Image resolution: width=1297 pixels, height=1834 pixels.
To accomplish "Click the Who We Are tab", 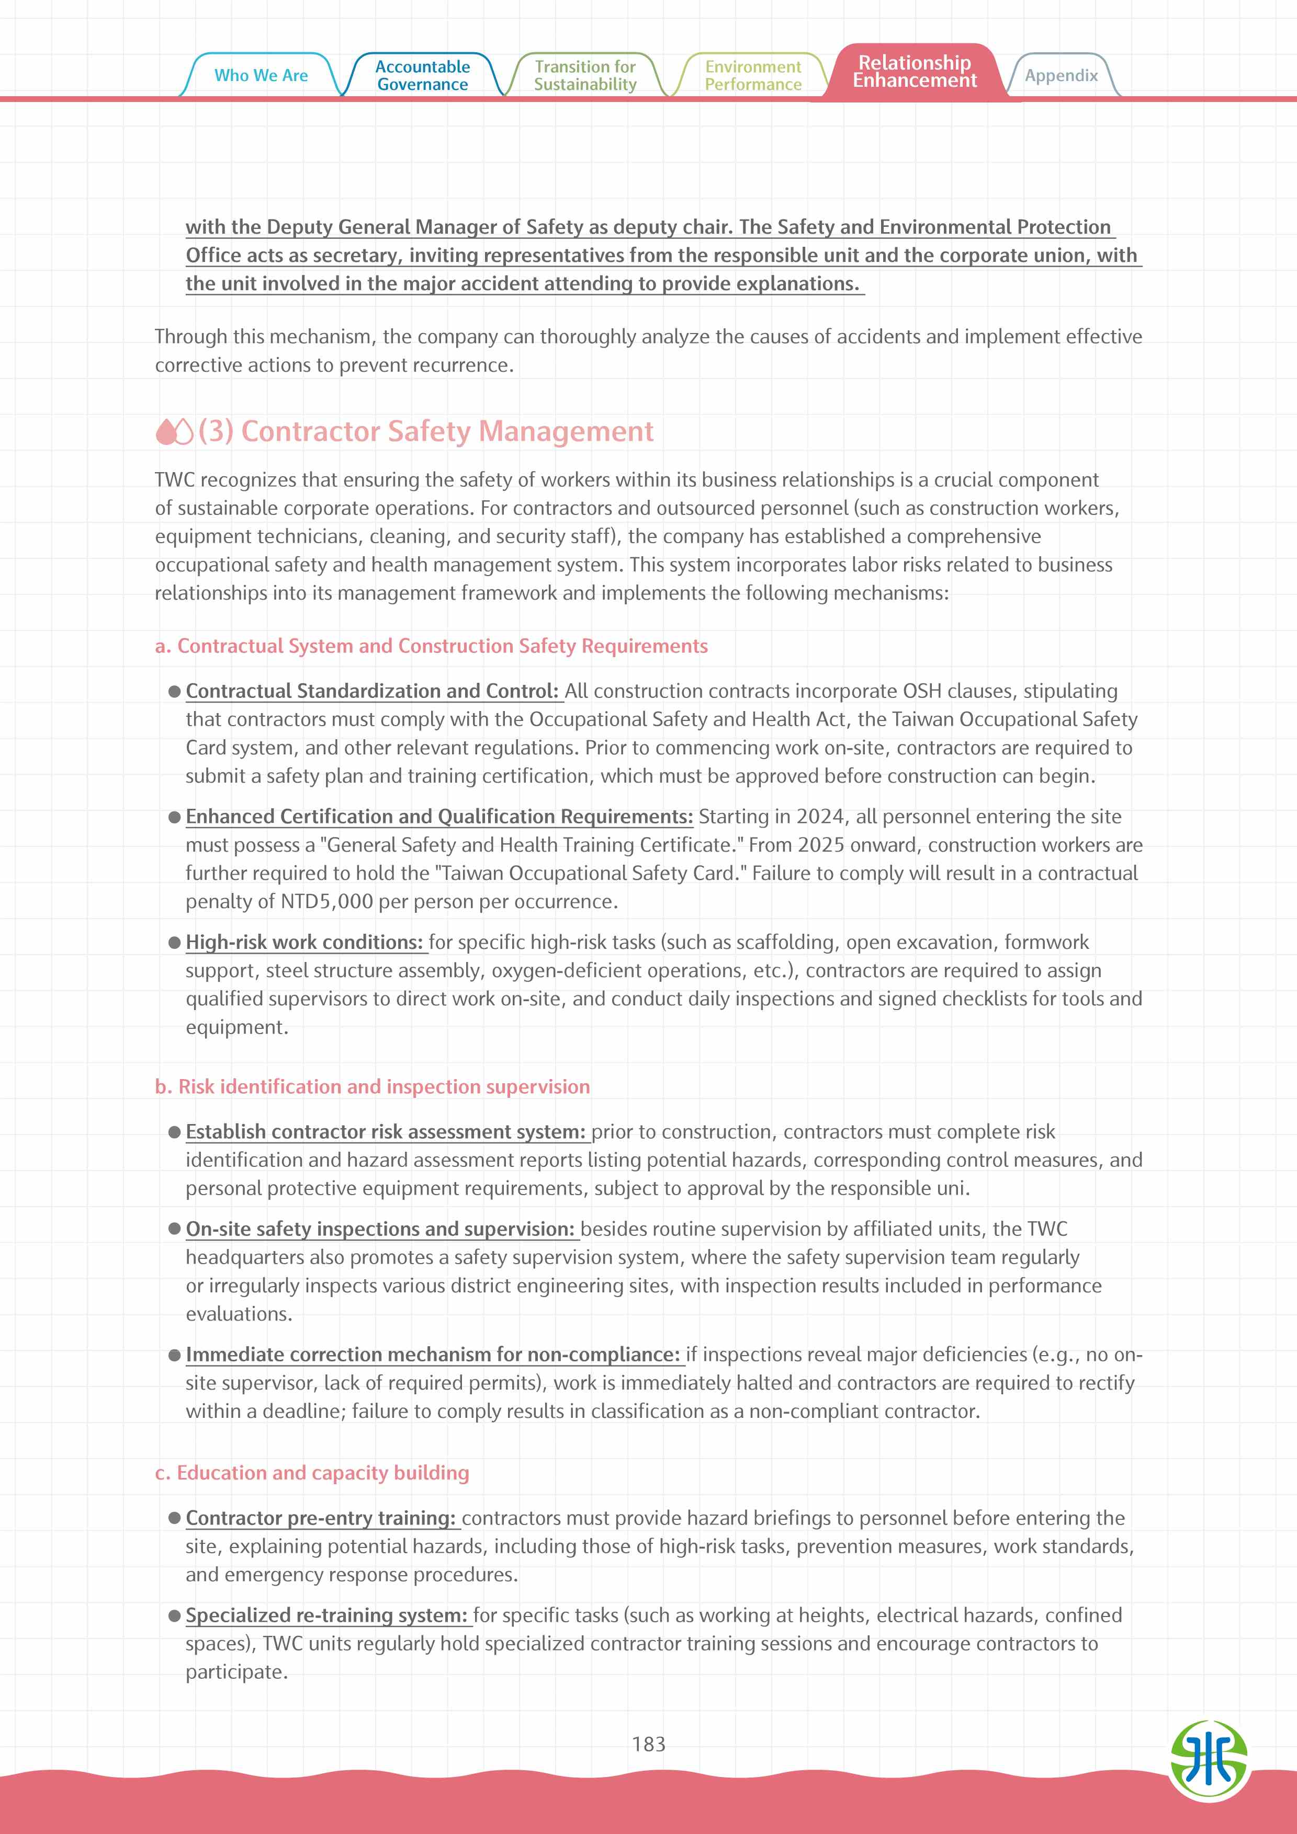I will (261, 75).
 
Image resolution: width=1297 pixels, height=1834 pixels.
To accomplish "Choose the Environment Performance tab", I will (753, 75).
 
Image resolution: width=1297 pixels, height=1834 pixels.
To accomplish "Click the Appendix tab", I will (1061, 75).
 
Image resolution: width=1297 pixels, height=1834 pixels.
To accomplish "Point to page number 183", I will (648, 1744).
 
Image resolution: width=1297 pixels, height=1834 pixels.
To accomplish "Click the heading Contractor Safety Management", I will (447, 431).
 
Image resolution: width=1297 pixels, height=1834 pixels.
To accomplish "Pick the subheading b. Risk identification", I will (373, 1086).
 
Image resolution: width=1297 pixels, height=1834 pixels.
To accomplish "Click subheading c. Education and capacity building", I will (312, 1472).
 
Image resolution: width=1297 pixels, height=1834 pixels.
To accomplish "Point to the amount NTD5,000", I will (327, 902).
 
